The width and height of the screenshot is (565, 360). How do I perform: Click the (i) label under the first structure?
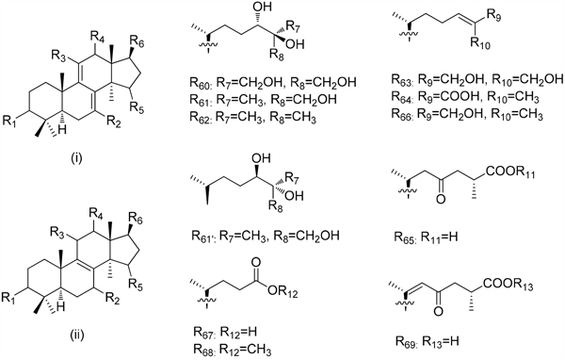76,158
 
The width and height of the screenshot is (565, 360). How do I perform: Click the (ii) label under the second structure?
77,335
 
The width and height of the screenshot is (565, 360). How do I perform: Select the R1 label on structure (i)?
9,122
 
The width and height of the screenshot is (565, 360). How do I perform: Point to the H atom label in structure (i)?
62,130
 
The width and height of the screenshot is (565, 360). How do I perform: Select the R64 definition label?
404,97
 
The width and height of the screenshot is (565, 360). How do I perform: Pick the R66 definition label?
404,114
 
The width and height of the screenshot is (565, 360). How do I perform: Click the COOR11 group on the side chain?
509,172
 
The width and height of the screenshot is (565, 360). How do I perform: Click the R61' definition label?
203,237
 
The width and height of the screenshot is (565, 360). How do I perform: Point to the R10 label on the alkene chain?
480,43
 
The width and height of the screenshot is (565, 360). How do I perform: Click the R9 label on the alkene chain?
493,15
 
